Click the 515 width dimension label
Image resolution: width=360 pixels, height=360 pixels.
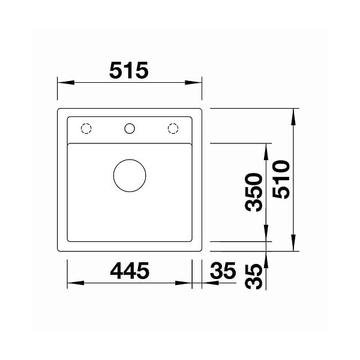click(129, 70)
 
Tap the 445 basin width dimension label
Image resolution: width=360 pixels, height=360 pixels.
click(130, 271)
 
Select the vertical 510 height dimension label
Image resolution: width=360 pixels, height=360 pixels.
click(281, 179)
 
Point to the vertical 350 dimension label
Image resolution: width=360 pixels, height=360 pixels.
click(253, 193)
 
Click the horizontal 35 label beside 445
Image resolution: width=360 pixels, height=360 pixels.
click(223, 271)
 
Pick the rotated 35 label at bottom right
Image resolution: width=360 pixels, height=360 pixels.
click(253, 277)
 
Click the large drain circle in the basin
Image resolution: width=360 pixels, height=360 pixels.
click(130, 175)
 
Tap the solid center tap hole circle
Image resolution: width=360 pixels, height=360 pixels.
click(130, 128)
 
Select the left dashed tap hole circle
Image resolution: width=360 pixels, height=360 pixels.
click(86, 128)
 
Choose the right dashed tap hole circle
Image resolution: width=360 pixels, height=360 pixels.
click(173, 128)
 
